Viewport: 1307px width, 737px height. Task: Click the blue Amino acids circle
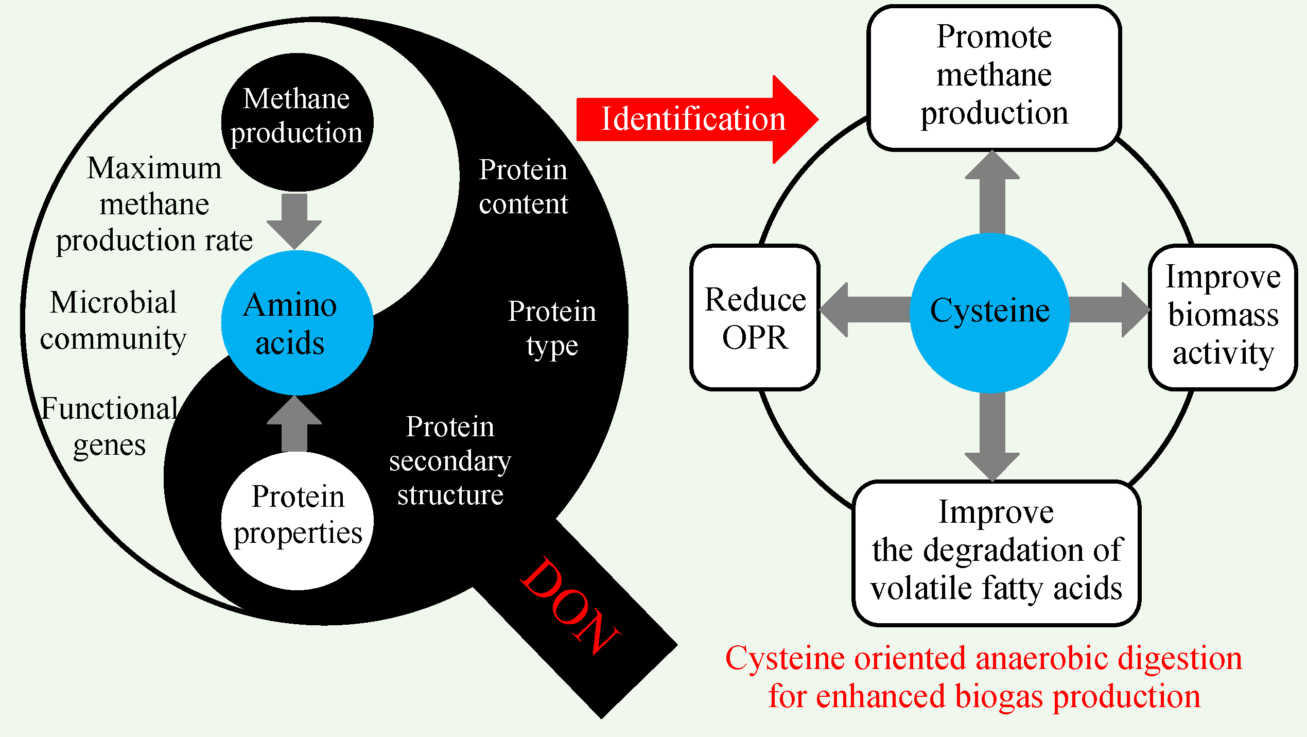pyautogui.click(x=297, y=323)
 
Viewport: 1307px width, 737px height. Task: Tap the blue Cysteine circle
pyautogui.click(x=989, y=312)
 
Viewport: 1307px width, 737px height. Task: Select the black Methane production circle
pyautogui.click(x=297, y=122)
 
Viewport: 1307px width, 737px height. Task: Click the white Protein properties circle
pyautogui.click(x=297, y=520)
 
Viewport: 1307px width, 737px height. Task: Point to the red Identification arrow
pyautogui.click(x=695, y=119)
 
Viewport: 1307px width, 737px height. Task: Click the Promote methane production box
pyautogui.click(x=994, y=77)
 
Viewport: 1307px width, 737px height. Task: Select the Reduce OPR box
pyautogui.click(x=755, y=317)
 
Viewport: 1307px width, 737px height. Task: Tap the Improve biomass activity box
pyautogui.click(x=1223, y=316)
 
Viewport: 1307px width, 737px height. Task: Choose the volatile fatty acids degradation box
pyautogui.click(x=996, y=552)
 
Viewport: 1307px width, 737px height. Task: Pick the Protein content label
pyautogui.click(x=523, y=186)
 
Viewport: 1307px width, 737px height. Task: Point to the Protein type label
pyautogui.click(x=552, y=328)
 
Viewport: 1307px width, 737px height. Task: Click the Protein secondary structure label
pyautogui.click(x=450, y=460)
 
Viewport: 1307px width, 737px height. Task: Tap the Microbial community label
pyautogui.click(x=113, y=320)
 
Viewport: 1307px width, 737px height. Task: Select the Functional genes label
pyautogui.click(x=109, y=426)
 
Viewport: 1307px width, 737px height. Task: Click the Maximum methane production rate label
pyautogui.click(x=154, y=204)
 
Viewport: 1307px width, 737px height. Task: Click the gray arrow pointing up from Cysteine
pyautogui.click(x=992, y=193)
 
